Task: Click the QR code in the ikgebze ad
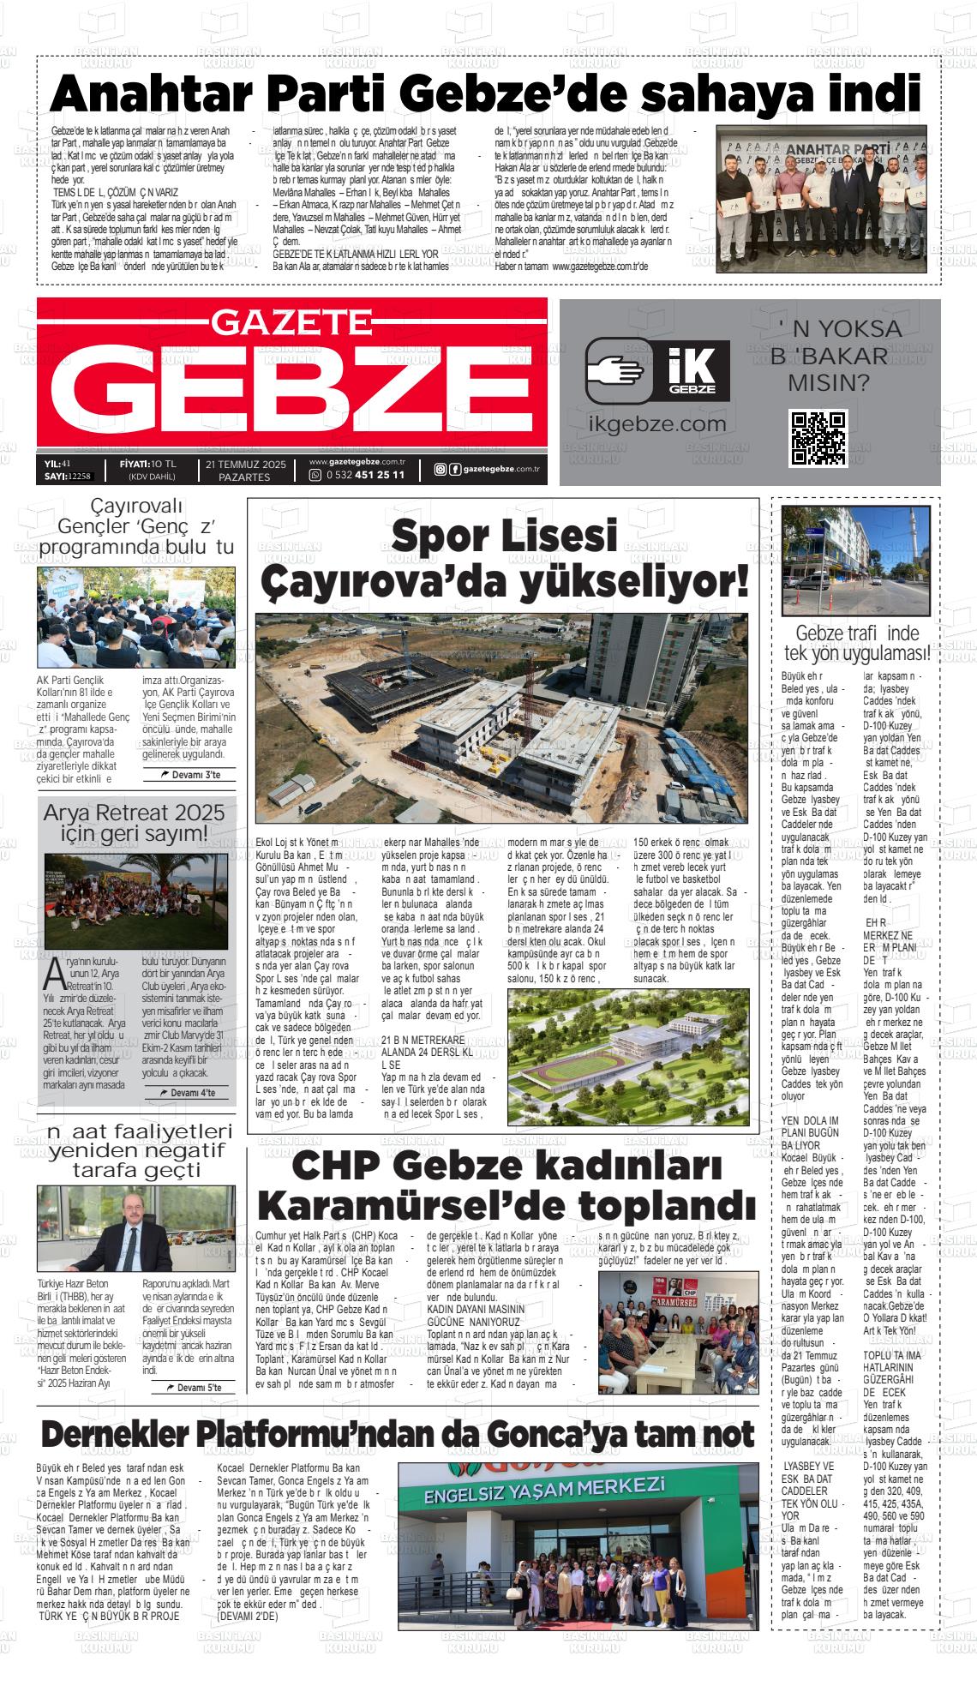(818, 438)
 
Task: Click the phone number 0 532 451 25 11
(363, 476)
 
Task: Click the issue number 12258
(80, 476)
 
